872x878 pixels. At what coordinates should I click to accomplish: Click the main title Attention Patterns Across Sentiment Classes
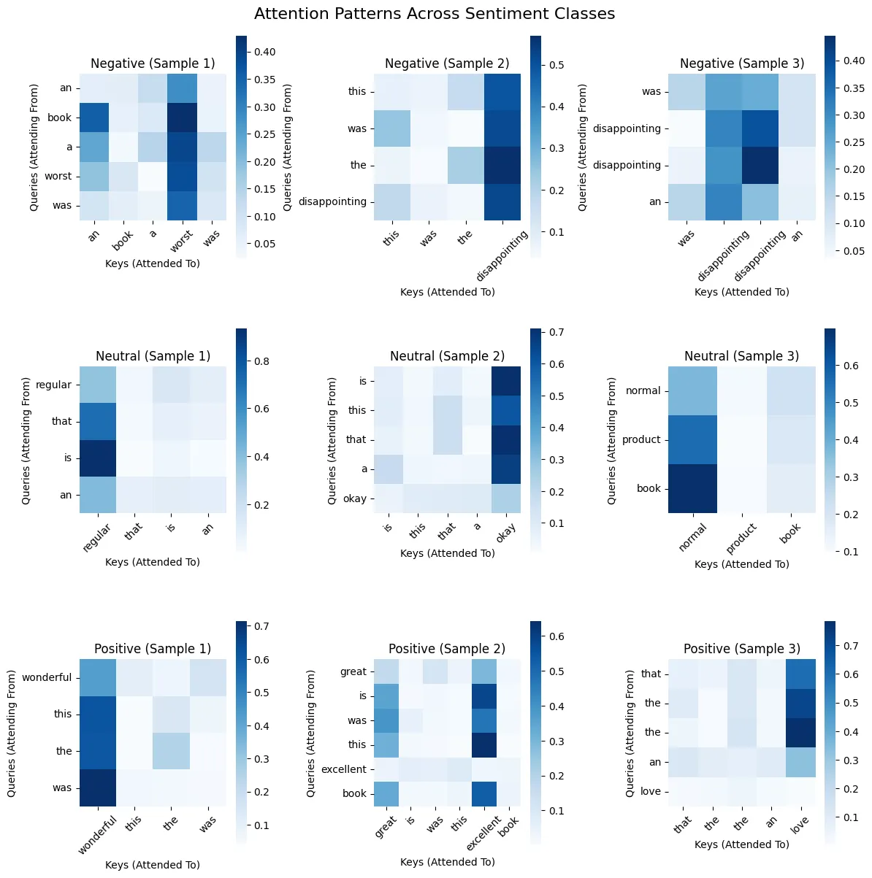click(435, 14)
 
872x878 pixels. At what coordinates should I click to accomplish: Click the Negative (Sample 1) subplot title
click(153, 63)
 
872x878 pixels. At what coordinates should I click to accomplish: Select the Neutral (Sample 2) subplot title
click(447, 356)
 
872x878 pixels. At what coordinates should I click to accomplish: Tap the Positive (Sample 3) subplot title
click(741, 649)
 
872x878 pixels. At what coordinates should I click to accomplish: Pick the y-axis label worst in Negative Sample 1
click(58, 176)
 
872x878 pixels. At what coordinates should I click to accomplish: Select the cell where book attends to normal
click(692, 488)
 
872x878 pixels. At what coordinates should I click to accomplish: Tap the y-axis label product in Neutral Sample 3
click(641, 439)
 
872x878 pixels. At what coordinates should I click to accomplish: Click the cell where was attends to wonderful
click(98, 787)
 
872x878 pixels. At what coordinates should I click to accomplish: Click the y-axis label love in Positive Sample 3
click(650, 791)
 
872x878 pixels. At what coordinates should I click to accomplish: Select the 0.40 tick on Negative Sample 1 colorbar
click(264, 52)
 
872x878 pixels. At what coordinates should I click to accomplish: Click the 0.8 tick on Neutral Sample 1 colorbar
click(261, 361)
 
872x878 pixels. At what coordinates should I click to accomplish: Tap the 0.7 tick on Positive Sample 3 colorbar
click(850, 646)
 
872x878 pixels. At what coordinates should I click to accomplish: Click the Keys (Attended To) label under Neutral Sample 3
click(741, 564)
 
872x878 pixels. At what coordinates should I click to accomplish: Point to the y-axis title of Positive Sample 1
click(12, 733)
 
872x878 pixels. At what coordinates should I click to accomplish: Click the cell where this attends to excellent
click(483, 744)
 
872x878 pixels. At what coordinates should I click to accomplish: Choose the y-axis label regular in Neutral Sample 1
click(53, 385)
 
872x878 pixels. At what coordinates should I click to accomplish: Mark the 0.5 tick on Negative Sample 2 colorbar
click(557, 65)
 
